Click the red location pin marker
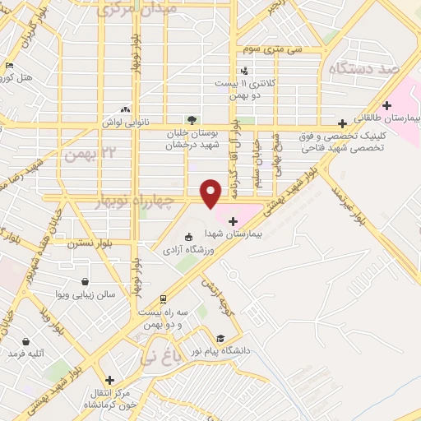tap(211, 193)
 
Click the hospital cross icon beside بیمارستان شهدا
tap(233, 220)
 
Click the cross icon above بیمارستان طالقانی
tap(386, 106)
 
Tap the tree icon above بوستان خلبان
tap(192, 118)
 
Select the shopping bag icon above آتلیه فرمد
tap(25, 340)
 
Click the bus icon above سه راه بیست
tap(163, 298)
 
